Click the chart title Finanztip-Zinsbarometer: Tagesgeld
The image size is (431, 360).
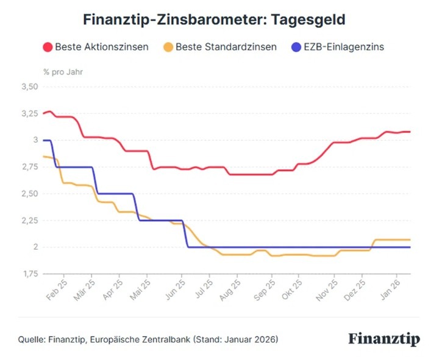pyautogui.click(x=214, y=20)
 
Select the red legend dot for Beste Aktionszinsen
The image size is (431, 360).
pyautogui.click(x=47, y=47)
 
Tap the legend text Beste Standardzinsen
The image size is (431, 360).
pyautogui.click(x=226, y=47)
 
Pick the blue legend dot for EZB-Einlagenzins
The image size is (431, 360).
pyautogui.click(x=296, y=47)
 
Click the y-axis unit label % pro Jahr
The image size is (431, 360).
pyautogui.click(x=63, y=71)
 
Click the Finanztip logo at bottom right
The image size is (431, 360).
pyautogui.click(x=384, y=339)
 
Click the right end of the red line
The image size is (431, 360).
pyautogui.click(x=410, y=132)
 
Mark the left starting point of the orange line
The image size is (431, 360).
pyautogui.click(x=43, y=157)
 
